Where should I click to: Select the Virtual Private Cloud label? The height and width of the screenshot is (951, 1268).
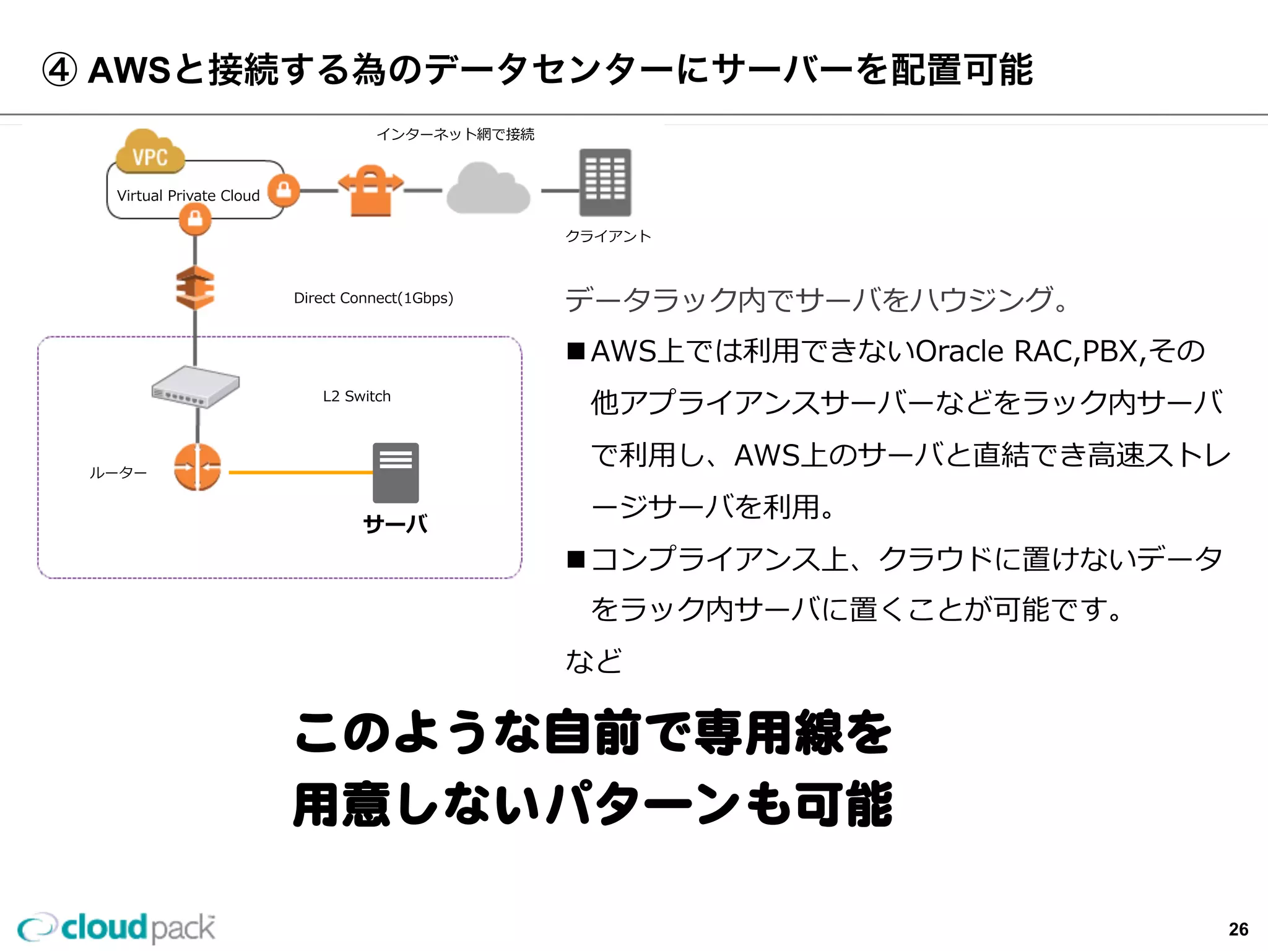point(188,196)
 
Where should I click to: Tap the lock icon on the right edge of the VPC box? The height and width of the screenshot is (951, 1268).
point(284,189)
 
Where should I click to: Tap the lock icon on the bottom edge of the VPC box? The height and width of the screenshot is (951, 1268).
point(195,219)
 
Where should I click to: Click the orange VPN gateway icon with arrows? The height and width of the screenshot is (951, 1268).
point(370,190)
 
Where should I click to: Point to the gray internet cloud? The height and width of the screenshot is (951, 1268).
point(489,189)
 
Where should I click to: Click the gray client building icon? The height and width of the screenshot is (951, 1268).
point(605,183)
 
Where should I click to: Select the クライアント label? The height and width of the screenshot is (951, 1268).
point(608,236)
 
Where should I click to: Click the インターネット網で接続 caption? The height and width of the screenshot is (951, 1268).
point(455,134)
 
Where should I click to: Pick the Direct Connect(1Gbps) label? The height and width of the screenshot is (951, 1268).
point(373,298)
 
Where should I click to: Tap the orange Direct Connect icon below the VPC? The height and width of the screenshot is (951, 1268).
point(195,288)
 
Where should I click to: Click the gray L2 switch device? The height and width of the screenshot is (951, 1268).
point(196,387)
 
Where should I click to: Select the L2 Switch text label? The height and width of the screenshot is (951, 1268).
point(357,396)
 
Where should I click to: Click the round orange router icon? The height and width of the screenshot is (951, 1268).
point(198,467)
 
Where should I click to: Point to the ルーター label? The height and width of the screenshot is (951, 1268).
point(118,473)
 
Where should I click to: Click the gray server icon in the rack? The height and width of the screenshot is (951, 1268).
point(396,472)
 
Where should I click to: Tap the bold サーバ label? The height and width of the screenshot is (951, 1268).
point(395,524)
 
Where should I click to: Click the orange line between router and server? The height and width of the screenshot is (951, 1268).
point(300,472)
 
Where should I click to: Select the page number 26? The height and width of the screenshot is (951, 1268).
point(1238,929)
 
